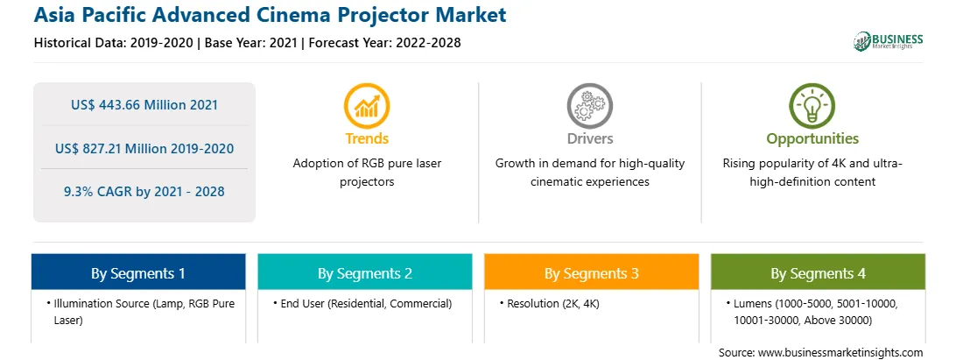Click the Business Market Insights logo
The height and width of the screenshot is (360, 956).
tap(889, 41)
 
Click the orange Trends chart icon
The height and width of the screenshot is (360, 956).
tap(367, 105)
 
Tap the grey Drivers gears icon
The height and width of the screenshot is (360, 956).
tap(589, 105)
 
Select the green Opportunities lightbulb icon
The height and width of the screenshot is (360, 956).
tap(812, 105)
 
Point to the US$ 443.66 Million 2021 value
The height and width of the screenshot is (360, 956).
tap(144, 104)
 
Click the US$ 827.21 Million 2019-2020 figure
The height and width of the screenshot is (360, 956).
tap(144, 148)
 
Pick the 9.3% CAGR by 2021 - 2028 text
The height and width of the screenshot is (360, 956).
tap(144, 192)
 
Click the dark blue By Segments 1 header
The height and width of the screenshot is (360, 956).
tap(138, 272)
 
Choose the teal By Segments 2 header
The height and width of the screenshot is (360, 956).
tap(364, 272)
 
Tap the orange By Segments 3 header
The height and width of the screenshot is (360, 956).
tap(592, 272)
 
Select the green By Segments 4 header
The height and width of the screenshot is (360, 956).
tap(819, 272)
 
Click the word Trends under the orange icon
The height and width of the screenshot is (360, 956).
tap(367, 138)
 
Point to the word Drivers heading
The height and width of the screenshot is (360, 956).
tap(590, 138)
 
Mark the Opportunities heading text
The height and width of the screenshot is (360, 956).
tap(812, 138)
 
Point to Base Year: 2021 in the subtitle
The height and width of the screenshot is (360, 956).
tap(251, 43)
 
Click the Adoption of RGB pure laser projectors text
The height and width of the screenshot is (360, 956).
tap(367, 173)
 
